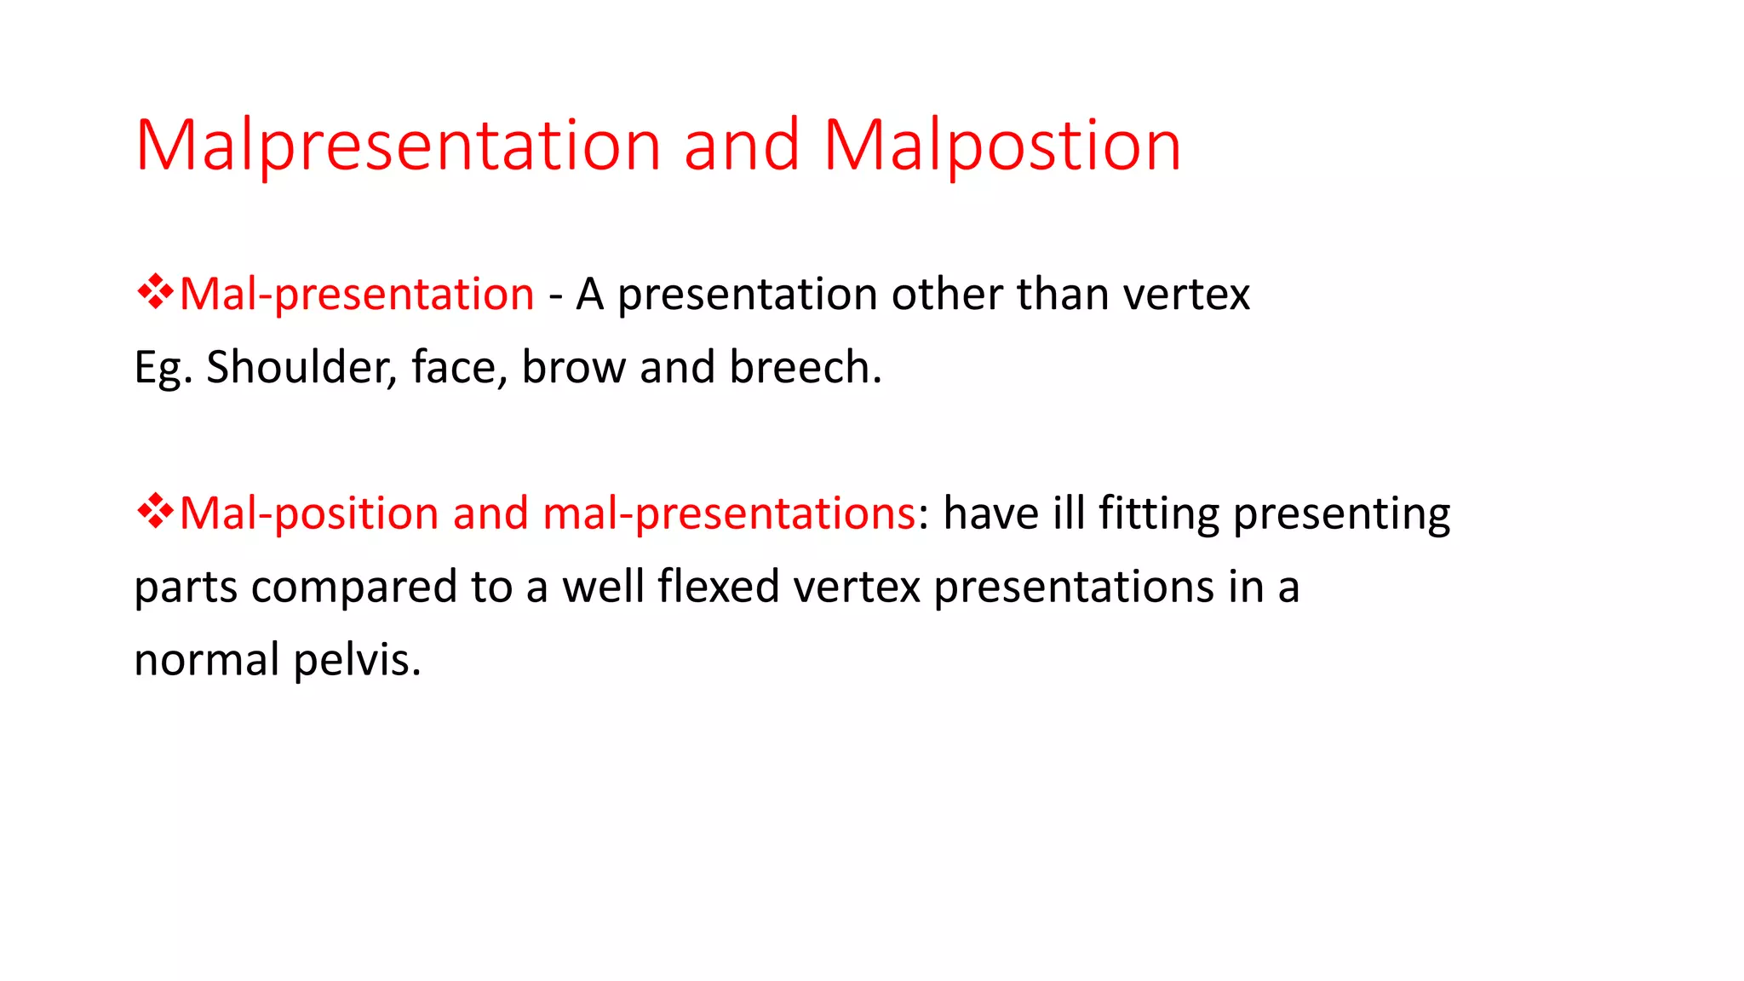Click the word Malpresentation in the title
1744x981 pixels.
399,146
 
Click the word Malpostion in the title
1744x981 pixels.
1001,146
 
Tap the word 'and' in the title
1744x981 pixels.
741,146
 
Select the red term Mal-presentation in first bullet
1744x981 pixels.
357,295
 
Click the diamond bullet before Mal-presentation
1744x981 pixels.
155,292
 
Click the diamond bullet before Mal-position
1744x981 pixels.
155,511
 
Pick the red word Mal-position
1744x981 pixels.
309,513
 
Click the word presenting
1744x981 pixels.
1341,513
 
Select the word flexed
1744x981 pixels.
719,586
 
